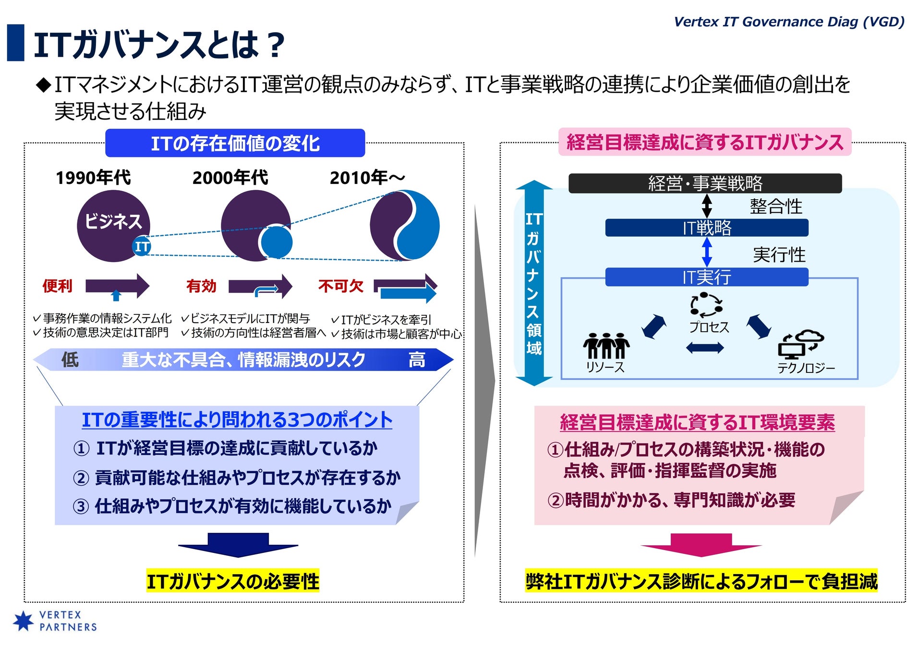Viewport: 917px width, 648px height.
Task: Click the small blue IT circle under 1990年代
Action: pos(142,247)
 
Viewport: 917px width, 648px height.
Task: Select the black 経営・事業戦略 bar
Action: pos(705,183)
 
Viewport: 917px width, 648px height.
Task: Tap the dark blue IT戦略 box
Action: pos(707,228)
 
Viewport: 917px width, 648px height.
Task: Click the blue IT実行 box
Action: pos(707,277)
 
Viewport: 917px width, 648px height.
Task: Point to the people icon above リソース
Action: pos(606,345)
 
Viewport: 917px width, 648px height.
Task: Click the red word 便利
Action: pos(58,286)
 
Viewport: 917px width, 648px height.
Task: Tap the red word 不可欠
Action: pos(341,286)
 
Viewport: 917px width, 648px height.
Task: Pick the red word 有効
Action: pos(201,286)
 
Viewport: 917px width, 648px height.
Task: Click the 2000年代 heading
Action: pos(230,178)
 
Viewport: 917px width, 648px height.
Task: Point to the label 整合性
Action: pos(776,206)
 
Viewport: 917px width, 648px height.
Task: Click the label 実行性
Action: pos(779,255)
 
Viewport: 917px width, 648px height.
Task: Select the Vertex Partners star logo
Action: pos(23,621)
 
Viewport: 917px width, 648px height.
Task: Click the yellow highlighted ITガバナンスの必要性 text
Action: pos(233,581)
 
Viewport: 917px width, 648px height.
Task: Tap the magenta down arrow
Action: pos(701,545)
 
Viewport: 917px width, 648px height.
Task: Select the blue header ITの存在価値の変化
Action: pos(235,144)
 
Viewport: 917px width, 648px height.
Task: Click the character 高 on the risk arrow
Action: pos(417,360)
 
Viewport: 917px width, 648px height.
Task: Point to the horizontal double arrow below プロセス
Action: pos(704,348)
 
